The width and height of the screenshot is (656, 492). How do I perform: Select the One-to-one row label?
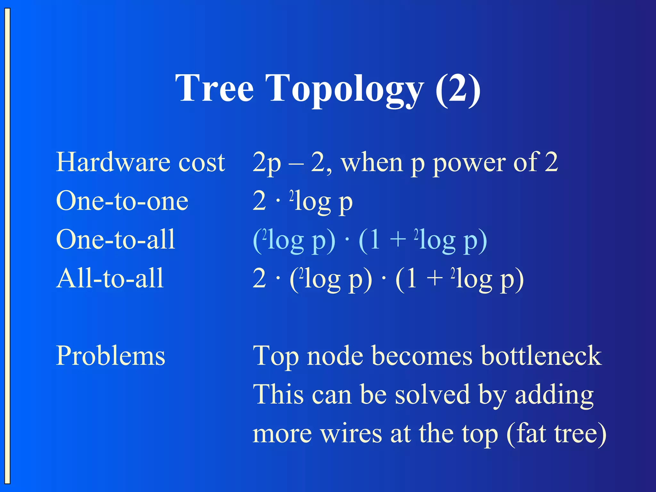pyautogui.click(x=122, y=201)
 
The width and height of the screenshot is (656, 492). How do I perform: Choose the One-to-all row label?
pyautogui.click(x=116, y=240)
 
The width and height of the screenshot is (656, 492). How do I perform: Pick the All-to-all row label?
pyautogui.click(x=110, y=278)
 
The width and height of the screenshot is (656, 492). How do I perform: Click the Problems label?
pyautogui.click(x=111, y=356)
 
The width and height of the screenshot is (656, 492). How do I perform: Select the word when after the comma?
pyautogui.click(x=372, y=163)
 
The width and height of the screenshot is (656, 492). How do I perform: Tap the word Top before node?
pyautogui.click(x=275, y=357)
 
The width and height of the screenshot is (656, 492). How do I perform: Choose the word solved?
pyautogui.click(x=433, y=395)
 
